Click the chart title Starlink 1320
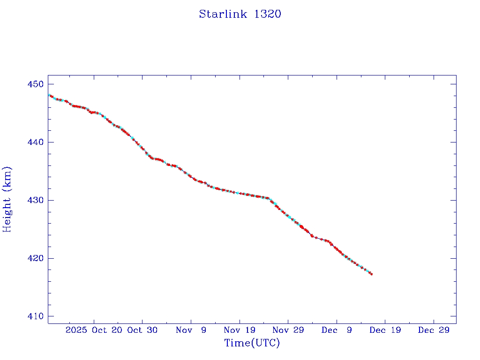point(240,14)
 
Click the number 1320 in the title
point(267,14)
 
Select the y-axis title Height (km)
point(7,199)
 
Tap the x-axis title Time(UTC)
point(252,343)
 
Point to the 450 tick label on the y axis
point(35,84)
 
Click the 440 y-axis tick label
point(35,142)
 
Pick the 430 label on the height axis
point(35,201)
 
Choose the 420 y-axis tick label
point(35,259)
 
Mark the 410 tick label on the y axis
point(35,317)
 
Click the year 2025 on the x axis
point(76,330)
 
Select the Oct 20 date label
point(107,330)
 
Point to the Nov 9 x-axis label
point(191,330)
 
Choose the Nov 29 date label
point(288,330)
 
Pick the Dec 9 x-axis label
point(337,330)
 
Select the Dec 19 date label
point(385,330)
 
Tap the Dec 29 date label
point(434,330)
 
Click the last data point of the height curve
point(371,274)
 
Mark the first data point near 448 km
point(49,95)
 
